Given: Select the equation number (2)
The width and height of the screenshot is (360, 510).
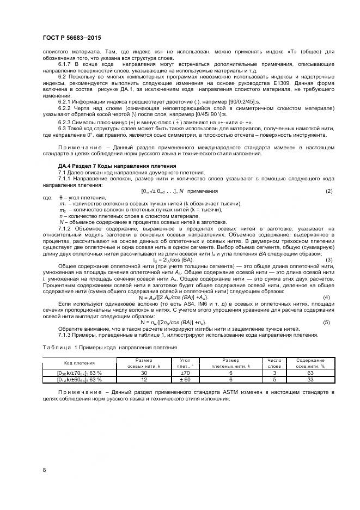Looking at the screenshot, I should point(328,191).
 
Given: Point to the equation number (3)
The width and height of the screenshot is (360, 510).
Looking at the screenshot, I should point(328,259).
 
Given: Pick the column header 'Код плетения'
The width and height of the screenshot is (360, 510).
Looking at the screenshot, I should point(64,362).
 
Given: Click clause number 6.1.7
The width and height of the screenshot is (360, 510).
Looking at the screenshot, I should point(65,64).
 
